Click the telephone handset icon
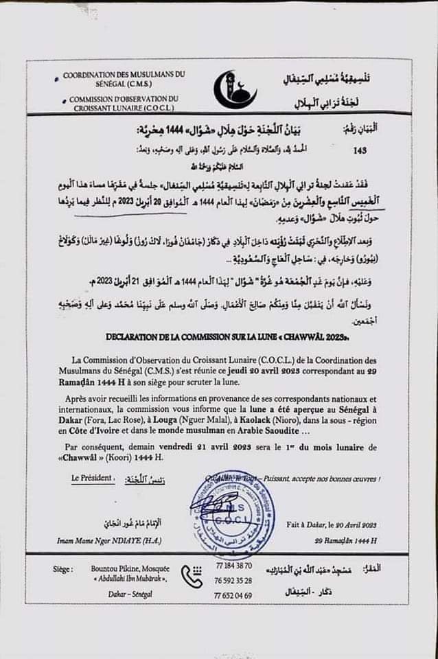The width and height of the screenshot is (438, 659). [x=192, y=577]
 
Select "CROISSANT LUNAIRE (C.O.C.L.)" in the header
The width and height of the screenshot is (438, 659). [x=120, y=108]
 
